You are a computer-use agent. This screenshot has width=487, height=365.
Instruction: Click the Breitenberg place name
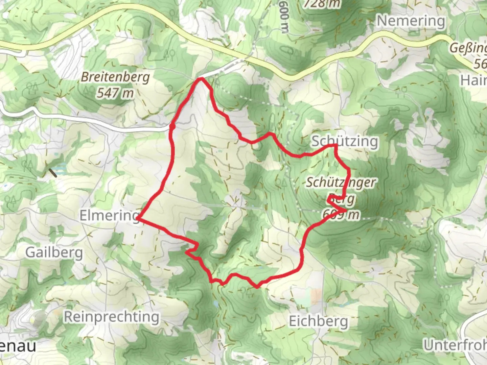coord(115,77)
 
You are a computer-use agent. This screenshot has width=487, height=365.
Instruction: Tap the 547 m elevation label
coord(115,93)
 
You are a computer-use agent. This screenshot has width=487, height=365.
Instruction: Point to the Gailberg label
coord(54,252)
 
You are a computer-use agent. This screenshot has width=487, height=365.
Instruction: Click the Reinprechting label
coord(112,317)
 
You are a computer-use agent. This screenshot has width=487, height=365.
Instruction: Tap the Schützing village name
coord(344,141)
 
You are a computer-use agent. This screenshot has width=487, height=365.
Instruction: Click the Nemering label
coord(411,21)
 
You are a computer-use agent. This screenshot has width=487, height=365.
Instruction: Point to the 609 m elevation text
coord(341,214)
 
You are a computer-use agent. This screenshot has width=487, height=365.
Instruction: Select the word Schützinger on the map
coord(341,182)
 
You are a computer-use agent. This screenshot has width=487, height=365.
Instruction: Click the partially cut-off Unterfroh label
coord(455,345)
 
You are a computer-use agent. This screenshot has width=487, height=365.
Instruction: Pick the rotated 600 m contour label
coord(284,17)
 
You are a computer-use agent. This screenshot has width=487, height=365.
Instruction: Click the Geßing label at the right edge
coord(468,48)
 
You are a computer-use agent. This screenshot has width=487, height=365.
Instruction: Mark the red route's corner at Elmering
coord(138,219)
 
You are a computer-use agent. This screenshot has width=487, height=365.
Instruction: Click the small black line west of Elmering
coord(53,173)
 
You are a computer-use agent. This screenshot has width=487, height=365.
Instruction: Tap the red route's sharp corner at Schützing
coord(336,146)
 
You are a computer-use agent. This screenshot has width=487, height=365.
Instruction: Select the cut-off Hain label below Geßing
coord(473,80)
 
